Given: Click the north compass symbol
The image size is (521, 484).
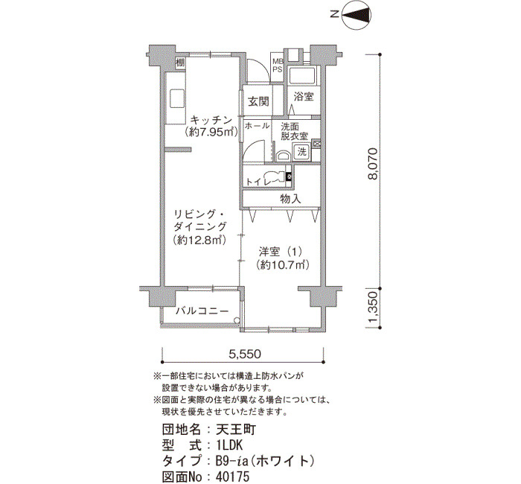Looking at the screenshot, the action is (353, 14).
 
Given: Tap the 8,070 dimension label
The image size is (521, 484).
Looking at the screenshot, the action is (373, 164).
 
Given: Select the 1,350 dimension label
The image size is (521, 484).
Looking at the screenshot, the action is (373, 308).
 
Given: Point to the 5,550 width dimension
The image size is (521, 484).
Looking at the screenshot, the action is (245, 354).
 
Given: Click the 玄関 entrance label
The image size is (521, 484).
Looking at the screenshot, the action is (258, 101).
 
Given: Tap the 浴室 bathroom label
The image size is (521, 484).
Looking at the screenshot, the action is (304, 97).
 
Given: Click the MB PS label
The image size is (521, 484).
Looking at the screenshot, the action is (278, 66).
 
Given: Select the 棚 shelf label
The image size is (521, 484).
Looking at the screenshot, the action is (180, 62).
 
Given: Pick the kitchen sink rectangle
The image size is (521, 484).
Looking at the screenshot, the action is (177, 98).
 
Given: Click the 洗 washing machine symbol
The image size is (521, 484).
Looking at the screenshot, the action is (301, 152).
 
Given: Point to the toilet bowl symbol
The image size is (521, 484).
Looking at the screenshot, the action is (275, 176).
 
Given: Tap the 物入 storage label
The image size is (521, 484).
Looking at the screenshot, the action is (290, 199).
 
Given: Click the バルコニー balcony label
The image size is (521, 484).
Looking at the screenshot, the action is (202, 311).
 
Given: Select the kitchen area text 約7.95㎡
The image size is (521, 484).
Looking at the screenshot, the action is (211, 133).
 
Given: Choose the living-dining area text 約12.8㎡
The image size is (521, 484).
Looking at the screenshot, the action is (199, 240).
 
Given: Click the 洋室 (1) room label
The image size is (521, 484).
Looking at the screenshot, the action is (281, 252).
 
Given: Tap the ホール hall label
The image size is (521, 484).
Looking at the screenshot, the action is (257, 126).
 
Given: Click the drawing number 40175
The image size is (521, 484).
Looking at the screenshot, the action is (232, 477).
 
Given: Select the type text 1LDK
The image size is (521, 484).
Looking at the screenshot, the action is (229, 445).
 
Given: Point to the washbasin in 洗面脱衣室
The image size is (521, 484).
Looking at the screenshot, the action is (283, 156).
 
